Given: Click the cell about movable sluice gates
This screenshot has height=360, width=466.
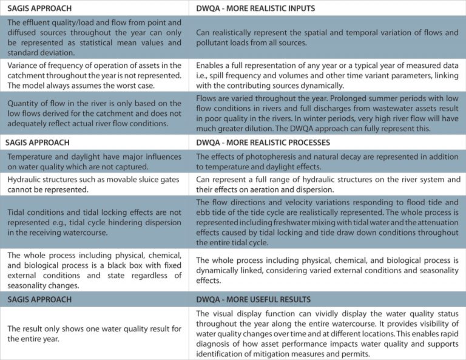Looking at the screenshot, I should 95,185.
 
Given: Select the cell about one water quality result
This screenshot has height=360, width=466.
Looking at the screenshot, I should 95,332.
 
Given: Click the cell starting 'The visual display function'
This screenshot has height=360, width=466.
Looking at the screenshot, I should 328,333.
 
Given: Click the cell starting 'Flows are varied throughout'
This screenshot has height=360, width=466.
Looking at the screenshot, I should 328,112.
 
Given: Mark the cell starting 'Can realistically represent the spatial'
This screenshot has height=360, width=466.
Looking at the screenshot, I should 328,38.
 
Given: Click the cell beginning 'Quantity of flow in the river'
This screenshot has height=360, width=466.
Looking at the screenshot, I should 95,112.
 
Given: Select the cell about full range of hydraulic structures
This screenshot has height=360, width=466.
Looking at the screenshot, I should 328,185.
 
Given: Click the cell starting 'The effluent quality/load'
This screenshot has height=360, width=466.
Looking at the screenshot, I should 95,38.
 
